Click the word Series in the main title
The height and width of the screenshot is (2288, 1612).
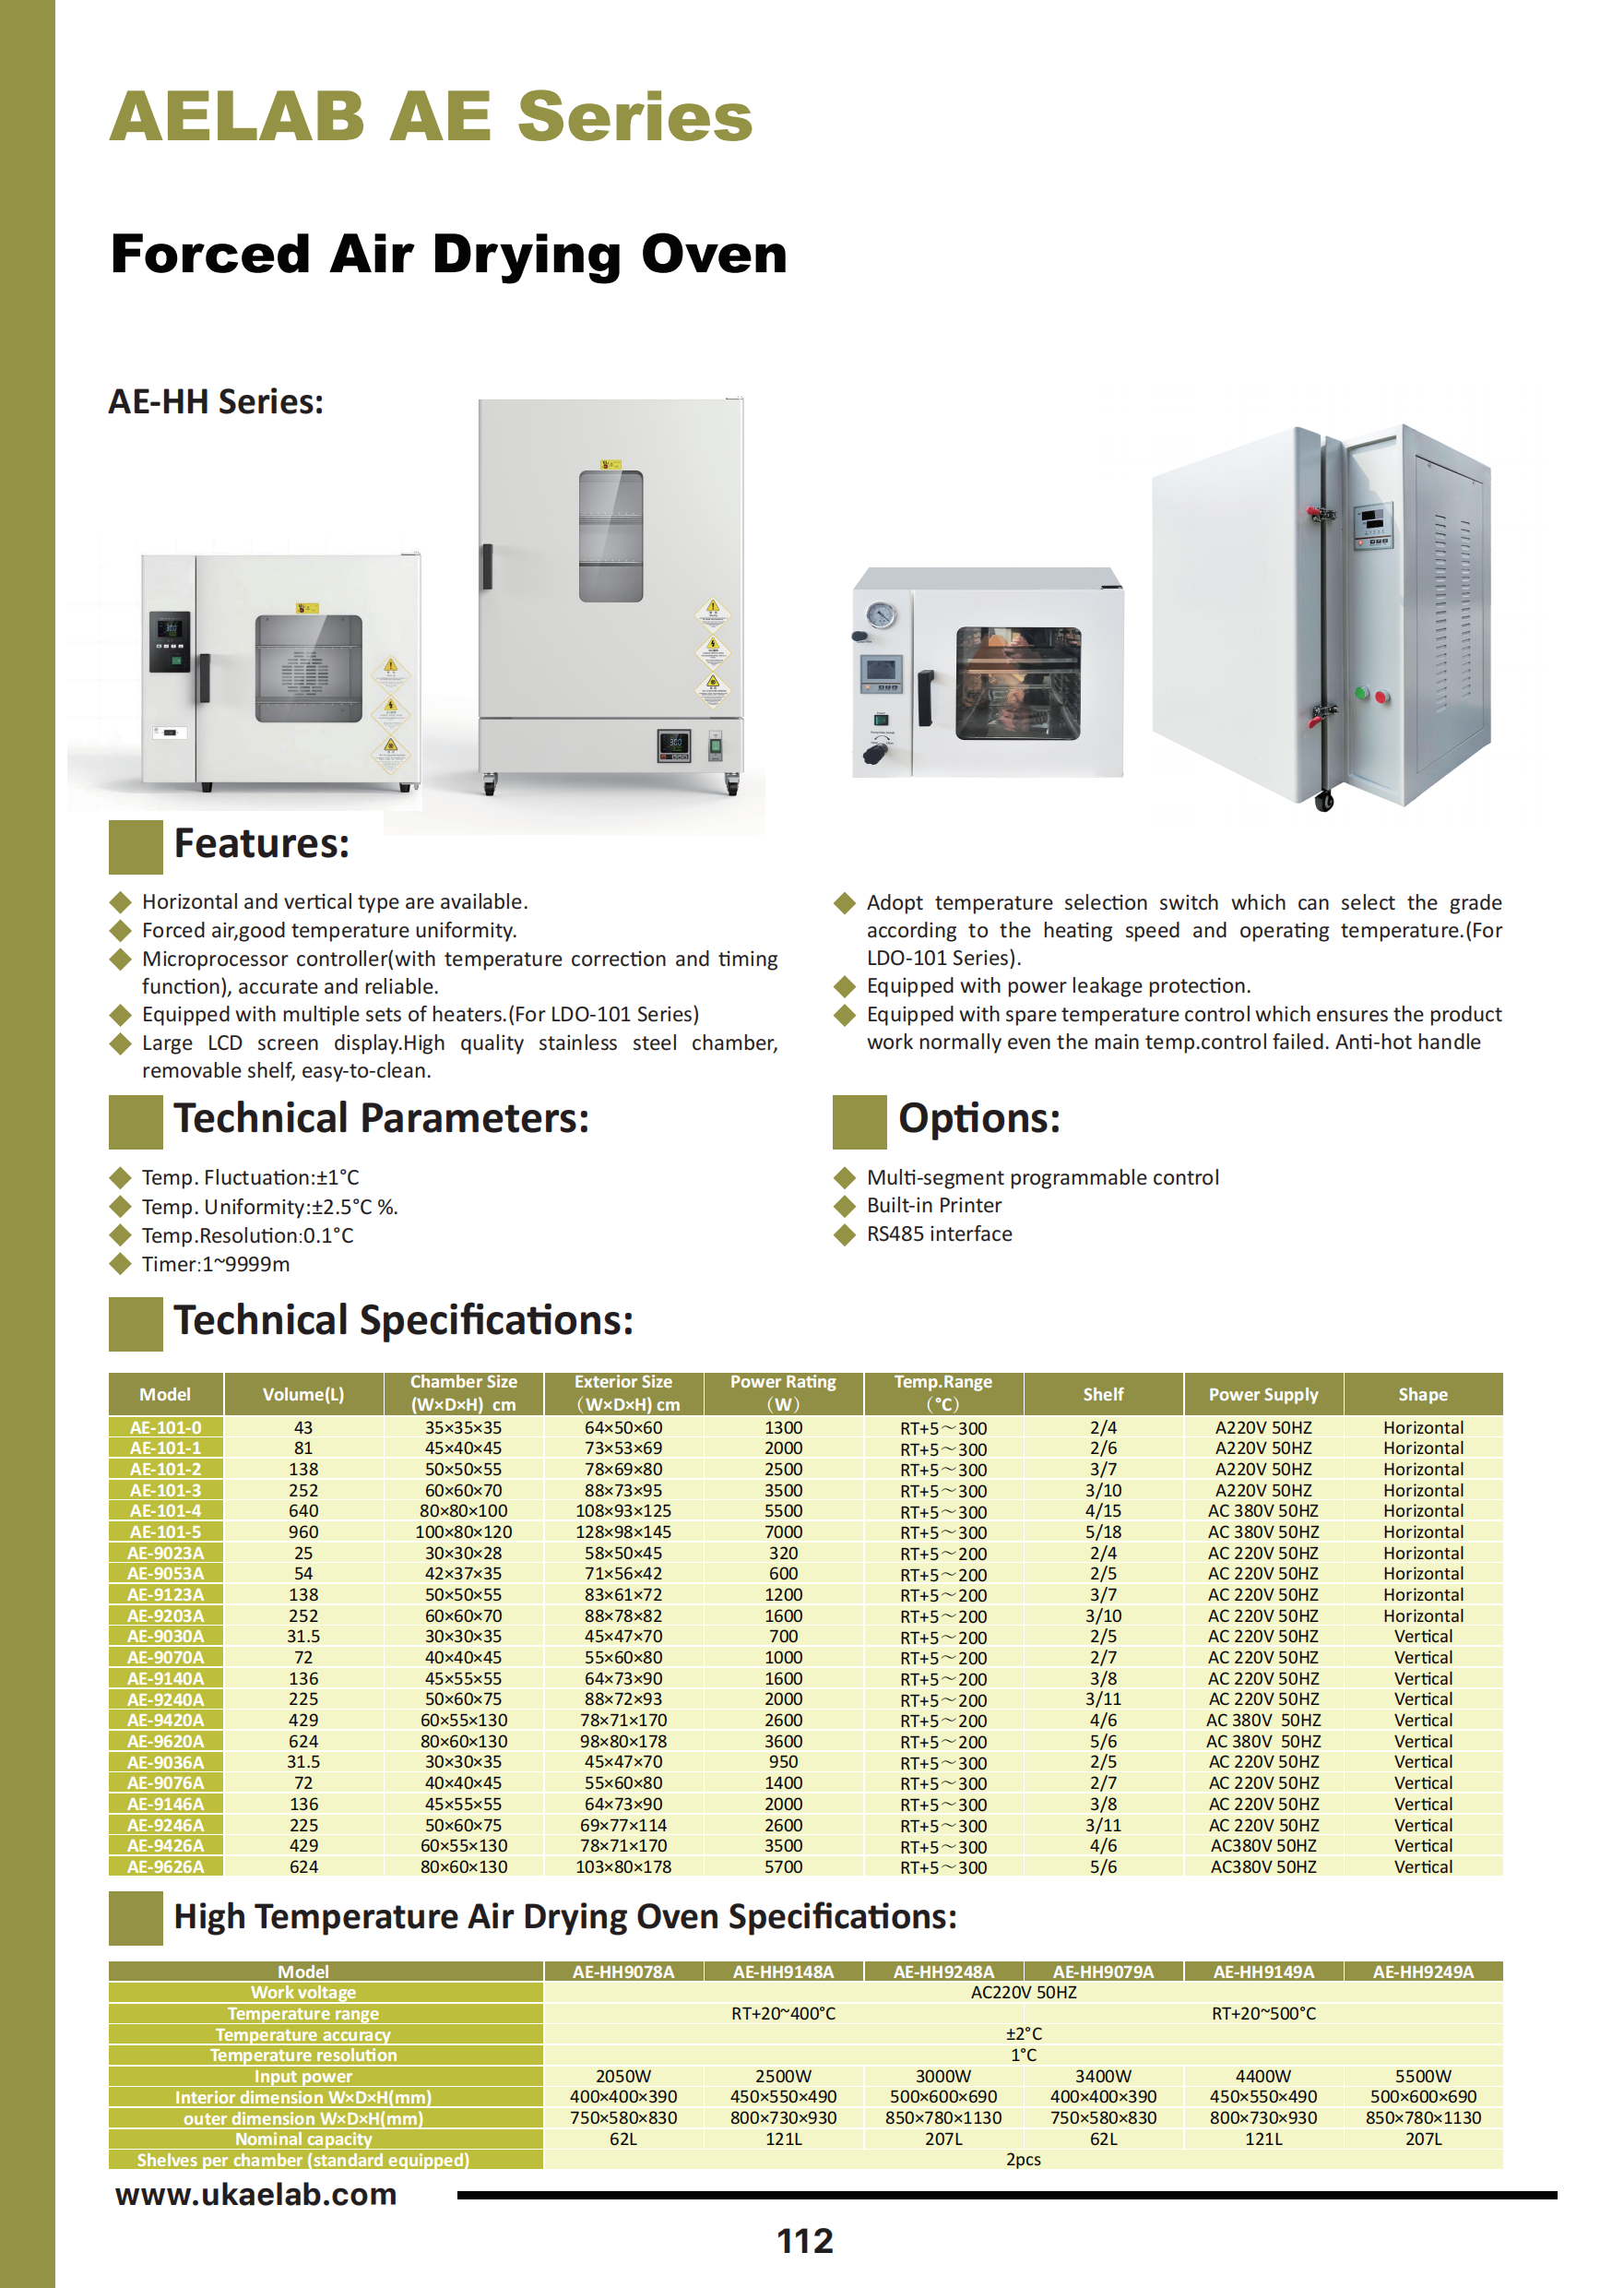[634, 117]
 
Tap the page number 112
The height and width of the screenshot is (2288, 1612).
[804, 2241]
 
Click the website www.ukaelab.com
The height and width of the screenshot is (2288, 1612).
[256, 2193]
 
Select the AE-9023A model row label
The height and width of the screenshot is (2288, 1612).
[165, 1553]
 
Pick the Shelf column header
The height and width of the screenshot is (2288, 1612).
[1103, 1394]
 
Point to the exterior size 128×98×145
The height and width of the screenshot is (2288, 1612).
[622, 1531]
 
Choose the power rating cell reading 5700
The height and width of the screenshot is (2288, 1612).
[783, 1866]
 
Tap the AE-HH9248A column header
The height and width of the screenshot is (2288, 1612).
[942, 1972]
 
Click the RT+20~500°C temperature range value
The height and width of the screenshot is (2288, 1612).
[1263, 2013]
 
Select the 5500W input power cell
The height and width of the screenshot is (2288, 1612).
[1423, 2076]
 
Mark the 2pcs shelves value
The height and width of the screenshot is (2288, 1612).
[1024, 2160]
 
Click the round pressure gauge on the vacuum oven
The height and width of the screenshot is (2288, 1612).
[880, 614]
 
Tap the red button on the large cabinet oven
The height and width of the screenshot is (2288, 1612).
[1381, 697]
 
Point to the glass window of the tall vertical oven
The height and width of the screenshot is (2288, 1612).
[610, 536]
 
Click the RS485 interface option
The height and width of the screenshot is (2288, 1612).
[939, 1233]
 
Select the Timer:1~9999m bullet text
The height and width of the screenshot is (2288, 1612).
[215, 1264]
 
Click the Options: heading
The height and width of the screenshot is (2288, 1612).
[978, 1118]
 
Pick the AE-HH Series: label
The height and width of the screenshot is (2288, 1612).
[215, 401]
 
